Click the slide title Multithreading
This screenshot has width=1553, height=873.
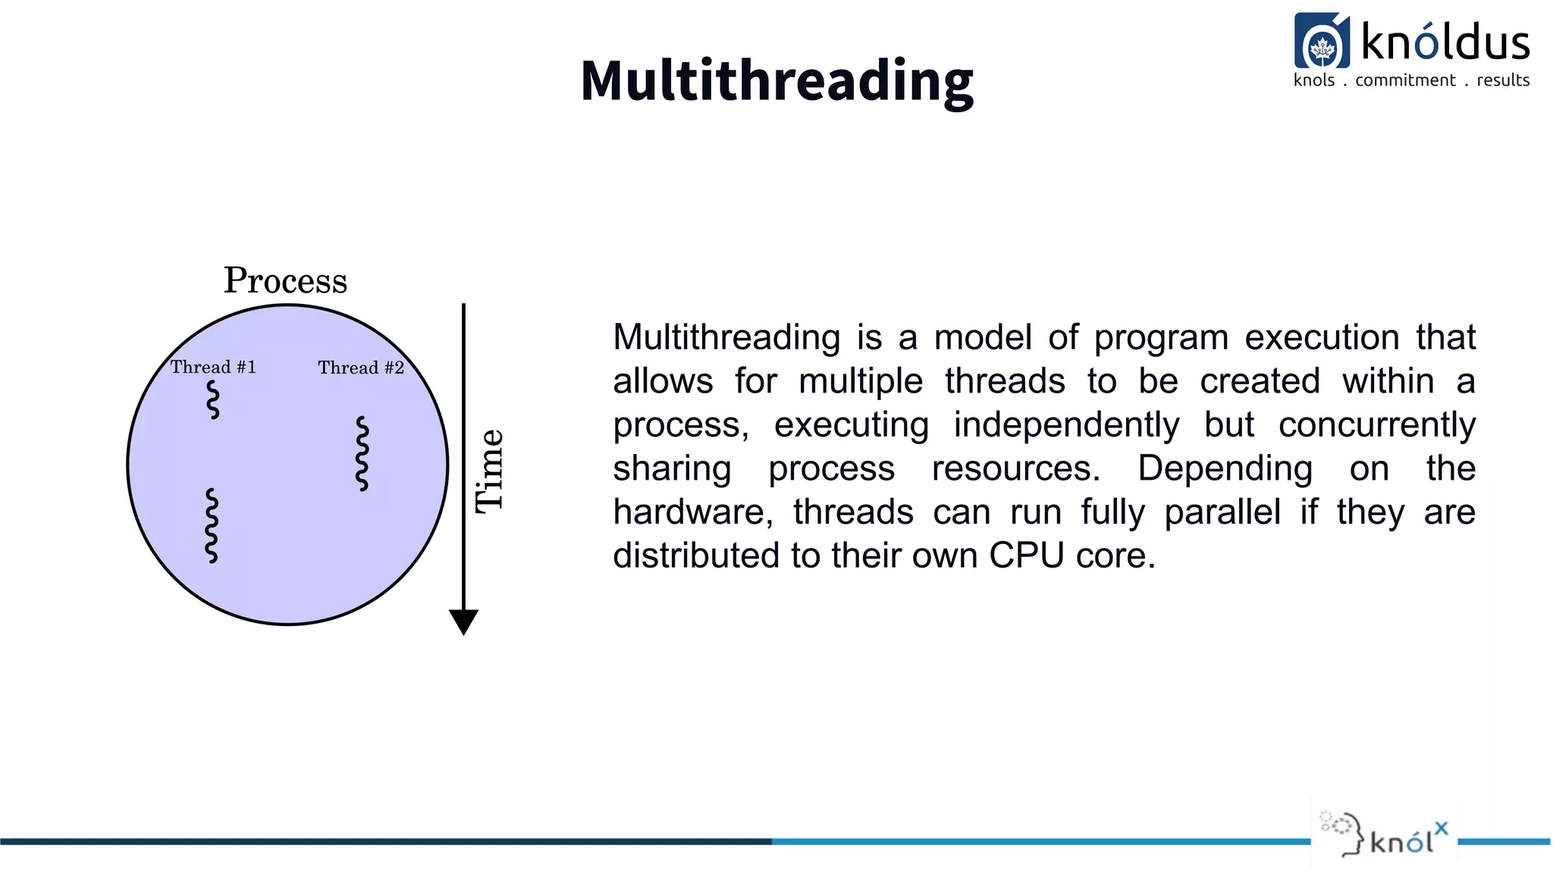coord(776,80)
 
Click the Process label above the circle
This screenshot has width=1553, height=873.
coord(285,280)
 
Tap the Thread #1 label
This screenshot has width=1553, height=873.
coord(213,368)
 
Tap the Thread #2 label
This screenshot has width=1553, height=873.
coord(361,368)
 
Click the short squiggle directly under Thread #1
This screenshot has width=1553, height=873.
coord(213,399)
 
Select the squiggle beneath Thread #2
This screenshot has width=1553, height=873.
coord(362,453)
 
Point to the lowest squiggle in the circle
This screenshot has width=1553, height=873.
coord(212,525)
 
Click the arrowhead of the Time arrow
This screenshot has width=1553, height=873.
coord(463,621)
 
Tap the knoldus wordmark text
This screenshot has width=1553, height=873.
coord(1445,42)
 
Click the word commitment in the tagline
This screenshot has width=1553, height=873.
coord(1405,80)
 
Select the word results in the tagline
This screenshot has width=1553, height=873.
coord(1503,80)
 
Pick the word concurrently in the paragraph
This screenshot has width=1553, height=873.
coord(1376,425)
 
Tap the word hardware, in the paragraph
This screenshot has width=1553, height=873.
coord(693,512)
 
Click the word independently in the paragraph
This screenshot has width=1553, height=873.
coord(1066,425)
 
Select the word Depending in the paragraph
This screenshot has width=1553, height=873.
coord(1225,468)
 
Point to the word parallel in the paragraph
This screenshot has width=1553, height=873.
coord(1222,512)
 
